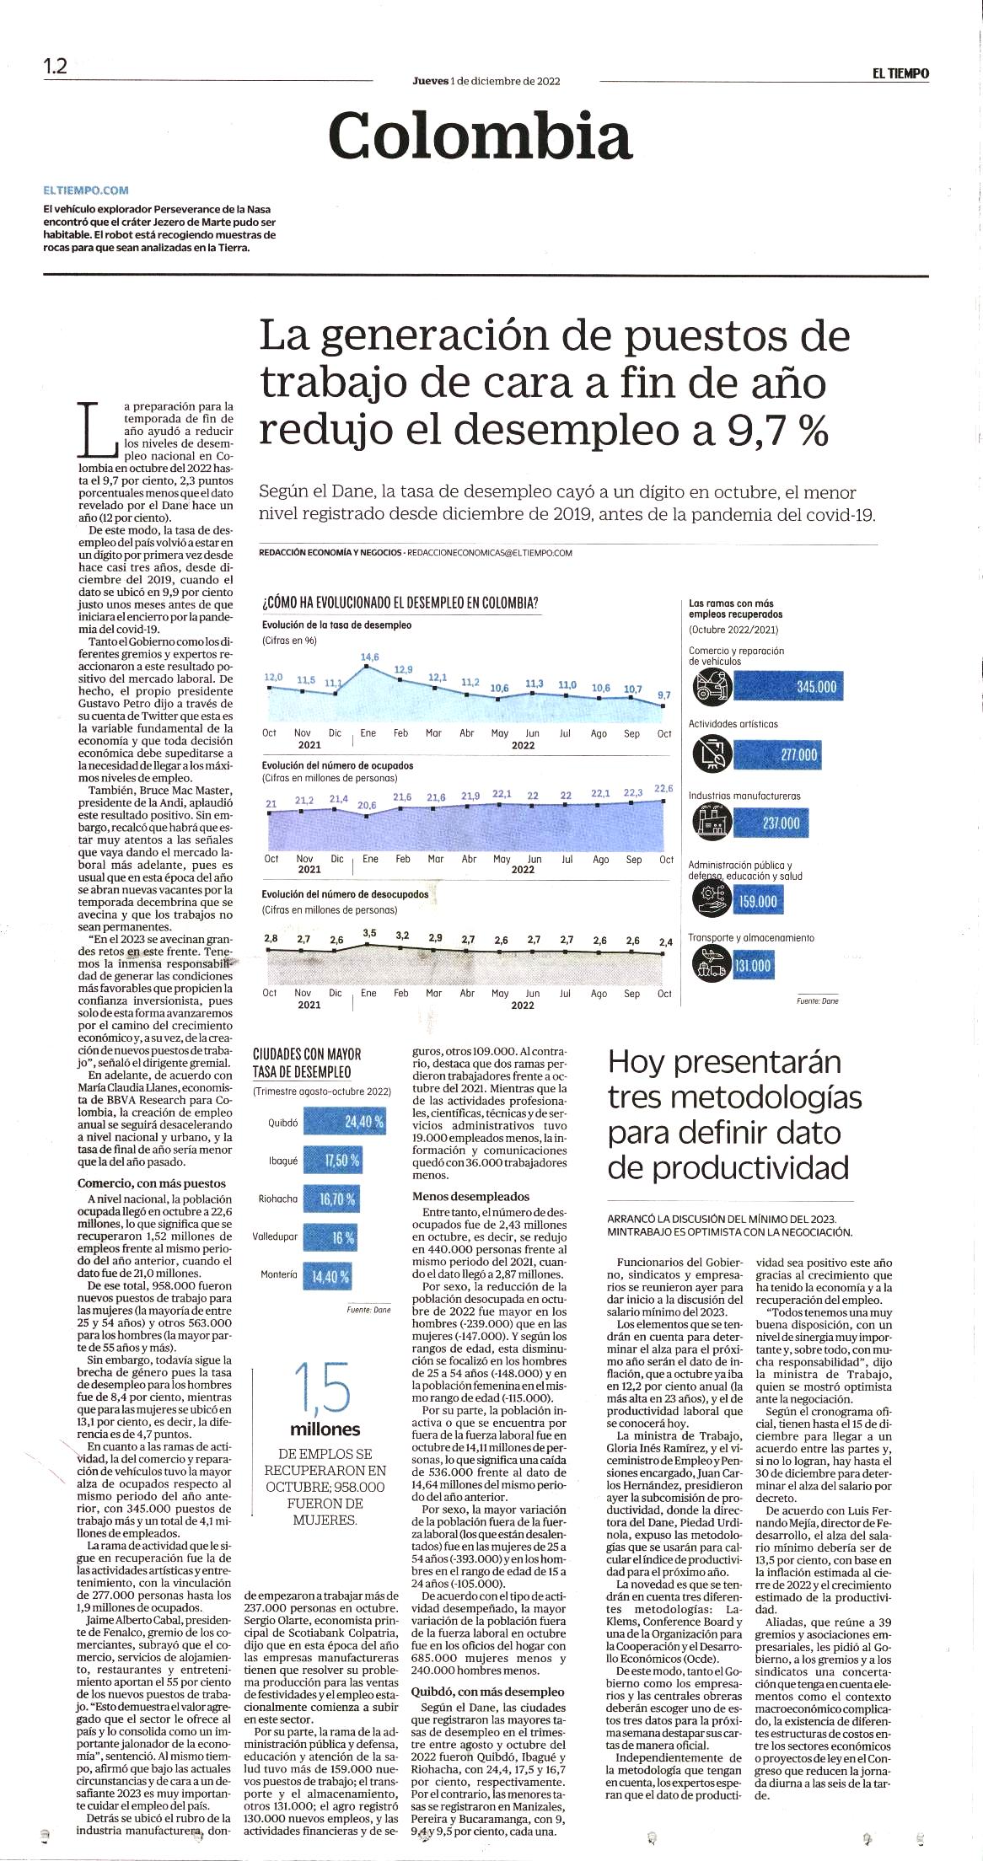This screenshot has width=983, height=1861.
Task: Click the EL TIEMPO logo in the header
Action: click(900, 73)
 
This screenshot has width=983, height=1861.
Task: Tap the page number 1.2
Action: click(56, 67)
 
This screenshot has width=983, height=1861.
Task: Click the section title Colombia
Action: click(481, 136)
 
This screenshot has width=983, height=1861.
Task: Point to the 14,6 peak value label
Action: click(369, 657)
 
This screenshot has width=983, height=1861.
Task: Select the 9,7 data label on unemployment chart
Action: click(664, 695)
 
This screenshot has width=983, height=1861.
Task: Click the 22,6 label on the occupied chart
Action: click(664, 789)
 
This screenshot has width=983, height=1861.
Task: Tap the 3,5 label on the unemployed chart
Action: click(369, 933)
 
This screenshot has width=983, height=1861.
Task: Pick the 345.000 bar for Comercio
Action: click(788, 686)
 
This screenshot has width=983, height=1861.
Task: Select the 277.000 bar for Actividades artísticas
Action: click(778, 754)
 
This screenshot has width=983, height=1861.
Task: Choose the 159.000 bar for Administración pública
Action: click(759, 902)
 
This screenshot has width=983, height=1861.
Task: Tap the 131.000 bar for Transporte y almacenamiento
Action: click(753, 965)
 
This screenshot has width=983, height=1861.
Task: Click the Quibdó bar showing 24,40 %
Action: click(346, 1122)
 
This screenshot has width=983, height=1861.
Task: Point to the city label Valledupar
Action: click(275, 1237)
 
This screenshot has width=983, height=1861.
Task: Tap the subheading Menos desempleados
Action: click(470, 1196)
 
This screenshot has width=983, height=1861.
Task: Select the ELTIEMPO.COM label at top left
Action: click(86, 190)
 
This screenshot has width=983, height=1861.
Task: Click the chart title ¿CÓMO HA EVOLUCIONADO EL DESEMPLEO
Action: click(400, 603)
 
